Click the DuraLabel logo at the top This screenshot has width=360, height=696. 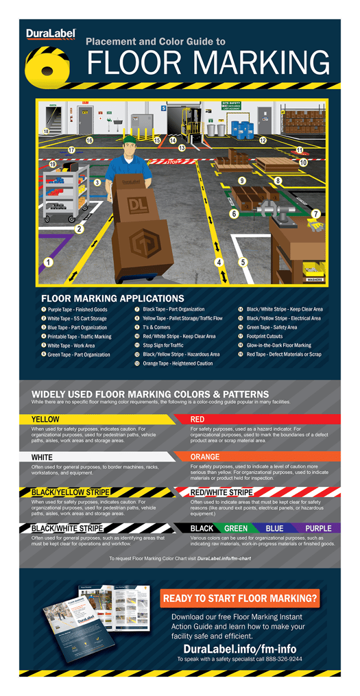coord(46,34)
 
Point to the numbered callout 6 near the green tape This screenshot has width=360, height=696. coord(234,214)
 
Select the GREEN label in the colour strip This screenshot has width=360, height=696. coord(236,529)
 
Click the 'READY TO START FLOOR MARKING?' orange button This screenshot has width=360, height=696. coord(240,598)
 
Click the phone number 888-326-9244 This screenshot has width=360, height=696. coord(280,659)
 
